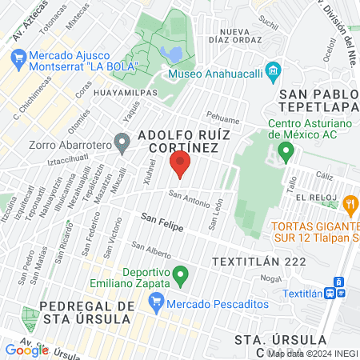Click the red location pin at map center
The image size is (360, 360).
coord(180,166)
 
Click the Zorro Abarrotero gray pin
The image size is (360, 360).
coord(122,145)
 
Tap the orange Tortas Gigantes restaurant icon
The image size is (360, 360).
coord(349,206)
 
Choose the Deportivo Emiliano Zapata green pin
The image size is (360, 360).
coord(181,277)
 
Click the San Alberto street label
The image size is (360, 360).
coord(151,250)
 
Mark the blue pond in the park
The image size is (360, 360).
coord(170,54)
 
